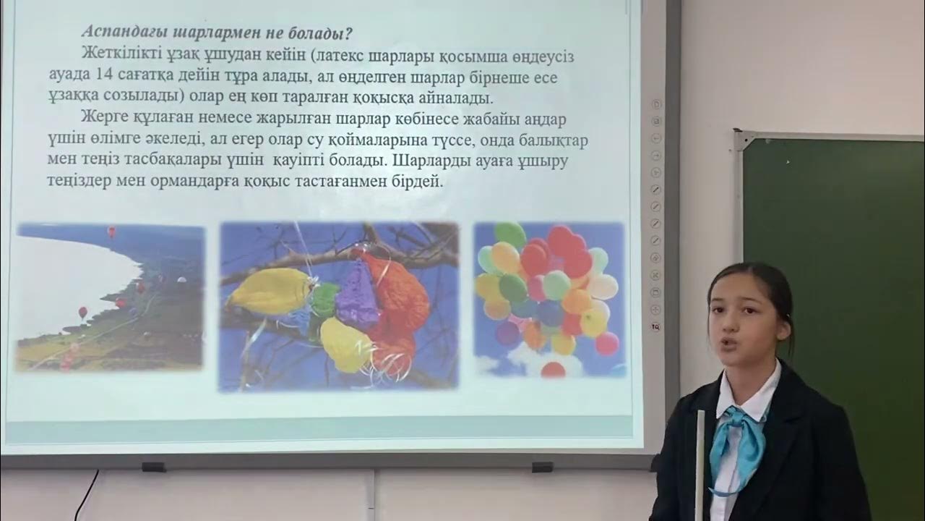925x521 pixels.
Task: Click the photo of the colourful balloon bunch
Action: [549, 298]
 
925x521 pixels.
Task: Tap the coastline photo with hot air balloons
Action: [111, 297]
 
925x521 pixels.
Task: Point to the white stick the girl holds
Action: [700, 463]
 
